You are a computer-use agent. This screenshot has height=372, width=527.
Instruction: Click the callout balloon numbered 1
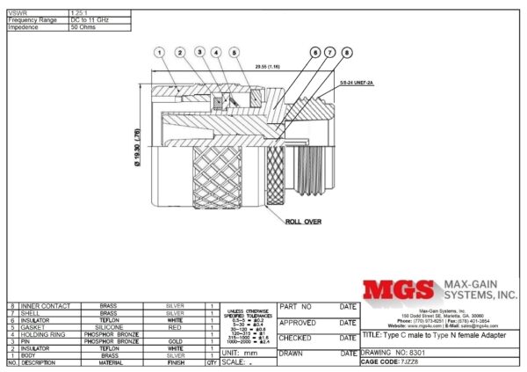click(160, 53)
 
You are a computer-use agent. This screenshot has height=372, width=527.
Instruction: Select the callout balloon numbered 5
click(234, 53)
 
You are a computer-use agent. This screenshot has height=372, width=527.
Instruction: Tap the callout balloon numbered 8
click(347, 53)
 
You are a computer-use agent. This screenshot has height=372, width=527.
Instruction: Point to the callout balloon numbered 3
click(199, 53)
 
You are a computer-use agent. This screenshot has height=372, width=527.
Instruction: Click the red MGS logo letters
click(399, 291)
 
